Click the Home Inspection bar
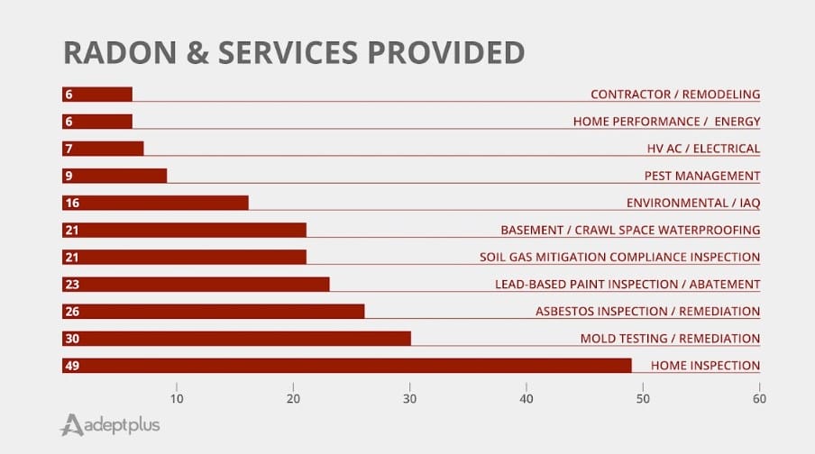(x=347, y=366)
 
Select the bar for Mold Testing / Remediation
(x=236, y=339)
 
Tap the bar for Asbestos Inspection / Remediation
(x=214, y=312)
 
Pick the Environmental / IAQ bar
(x=155, y=203)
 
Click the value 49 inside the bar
(x=71, y=366)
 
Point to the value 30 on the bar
(x=71, y=339)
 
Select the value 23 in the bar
(x=71, y=285)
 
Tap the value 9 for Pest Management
(x=68, y=176)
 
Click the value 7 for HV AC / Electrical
(x=68, y=149)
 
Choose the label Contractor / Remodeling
(x=674, y=94)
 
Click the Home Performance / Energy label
(x=666, y=122)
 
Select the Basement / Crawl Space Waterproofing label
(x=630, y=230)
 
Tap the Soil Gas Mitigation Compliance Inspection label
(x=619, y=257)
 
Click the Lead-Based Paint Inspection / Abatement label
(x=627, y=285)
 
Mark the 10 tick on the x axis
(x=177, y=397)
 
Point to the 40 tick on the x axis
(x=527, y=397)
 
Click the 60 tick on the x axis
(x=759, y=397)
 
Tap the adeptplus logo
(x=109, y=424)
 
